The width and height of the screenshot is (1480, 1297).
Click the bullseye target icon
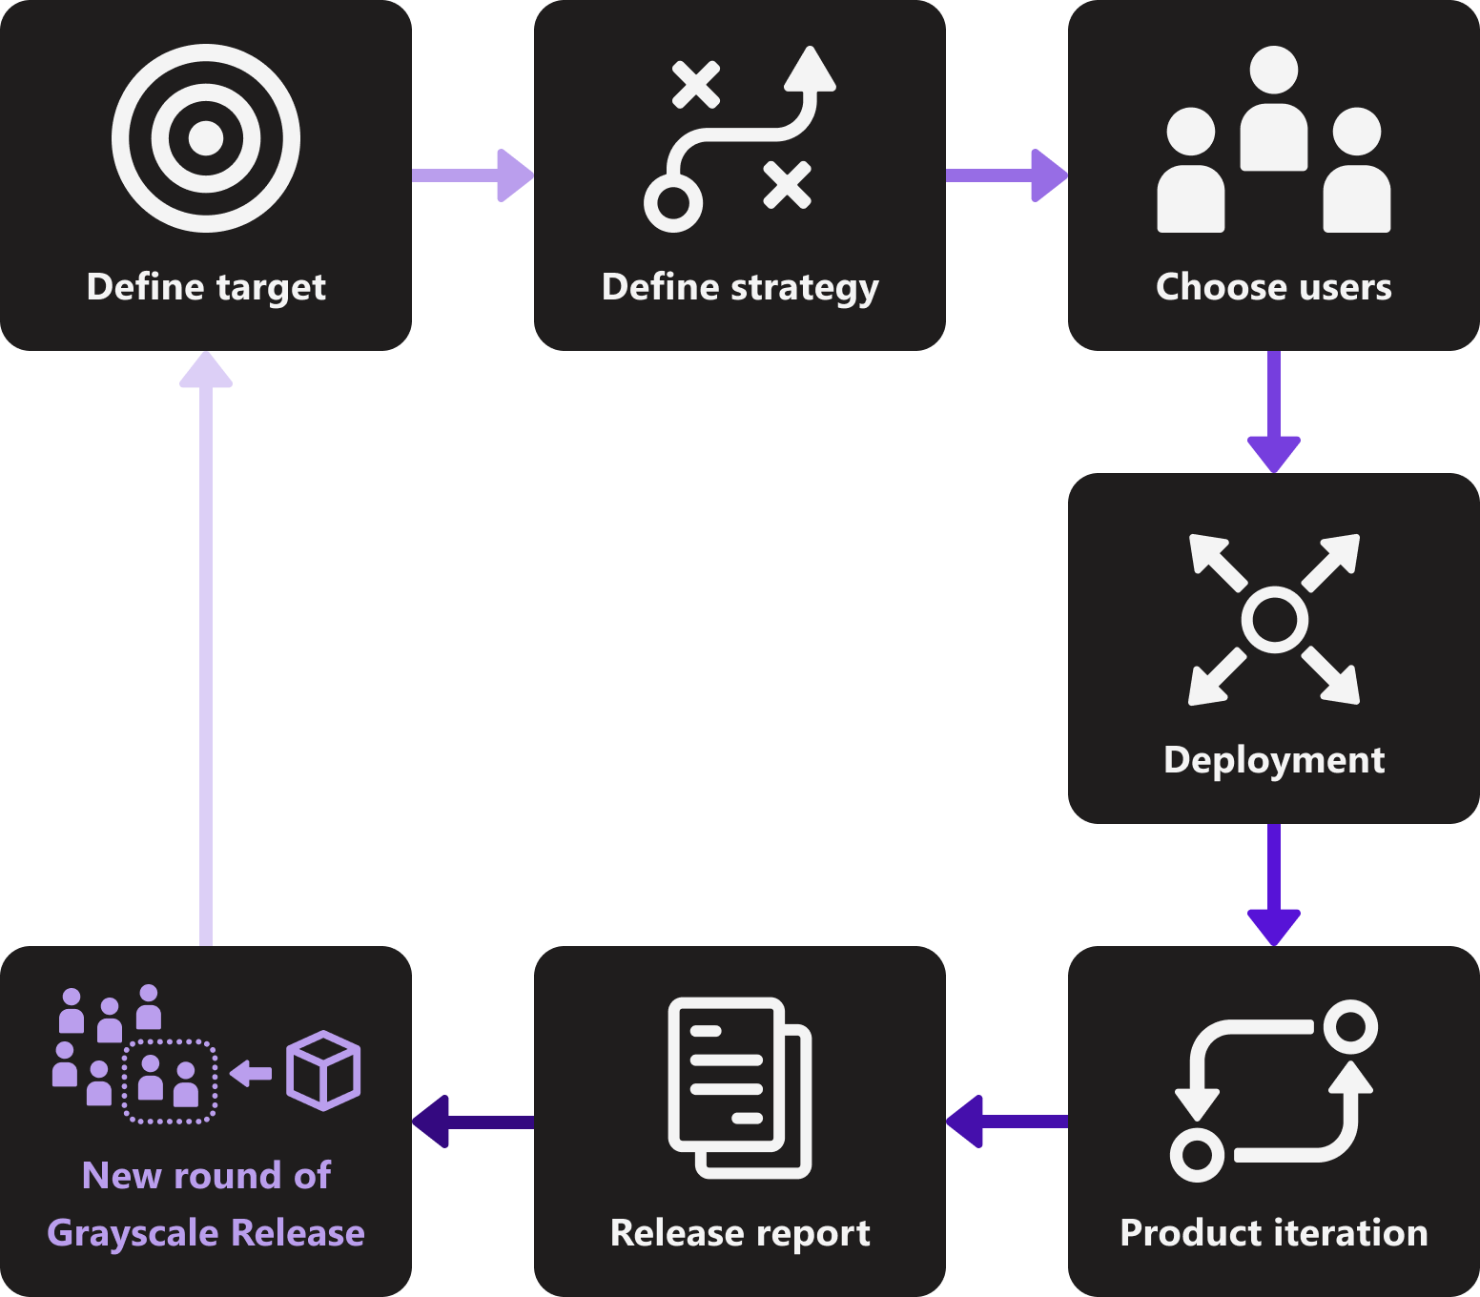(x=206, y=138)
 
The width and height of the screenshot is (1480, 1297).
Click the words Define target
(x=206, y=287)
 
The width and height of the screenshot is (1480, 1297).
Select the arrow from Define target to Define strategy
(x=472, y=175)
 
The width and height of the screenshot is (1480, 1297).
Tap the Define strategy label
(x=740, y=287)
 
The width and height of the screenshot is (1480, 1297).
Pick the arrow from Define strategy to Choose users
(x=1006, y=175)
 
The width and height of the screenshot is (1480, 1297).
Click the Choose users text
(x=1274, y=287)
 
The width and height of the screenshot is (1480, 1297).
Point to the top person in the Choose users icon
(x=1274, y=105)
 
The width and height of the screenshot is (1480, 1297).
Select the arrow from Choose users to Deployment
(x=1274, y=410)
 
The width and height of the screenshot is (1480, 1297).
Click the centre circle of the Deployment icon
(x=1274, y=620)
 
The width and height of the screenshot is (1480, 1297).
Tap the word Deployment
(x=1274, y=760)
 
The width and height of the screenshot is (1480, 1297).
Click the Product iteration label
(x=1274, y=1233)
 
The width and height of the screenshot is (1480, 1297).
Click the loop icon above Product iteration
(x=1274, y=1091)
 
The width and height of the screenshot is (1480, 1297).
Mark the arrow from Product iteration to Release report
(x=1006, y=1122)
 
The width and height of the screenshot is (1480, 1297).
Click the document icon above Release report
(x=740, y=1087)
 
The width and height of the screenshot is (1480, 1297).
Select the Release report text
(x=740, y=1233)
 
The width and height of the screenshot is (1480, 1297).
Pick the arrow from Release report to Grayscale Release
(x=472, y=1122)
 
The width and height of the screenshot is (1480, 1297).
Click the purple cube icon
(x=323, y=1070)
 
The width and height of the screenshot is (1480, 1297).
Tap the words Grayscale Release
(x=206, y=1233)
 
